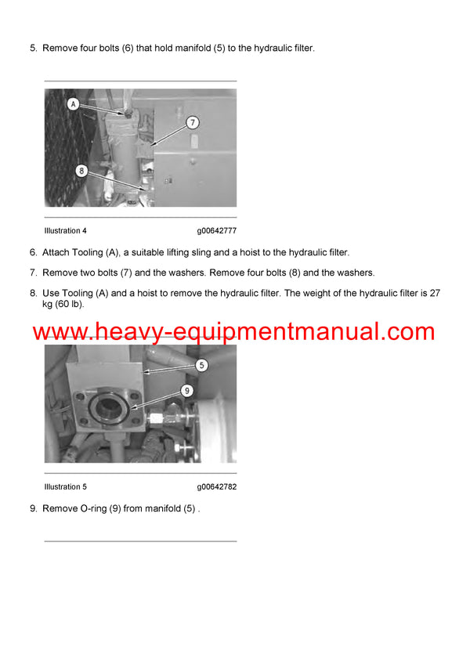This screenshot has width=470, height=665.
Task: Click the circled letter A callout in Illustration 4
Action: click(x=73, y=103)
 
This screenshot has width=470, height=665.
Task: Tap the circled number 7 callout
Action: click(x=192, y=123)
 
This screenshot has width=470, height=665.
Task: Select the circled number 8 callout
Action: click(x=81, y=170)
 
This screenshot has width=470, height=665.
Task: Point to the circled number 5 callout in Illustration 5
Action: click(x=201, y=364)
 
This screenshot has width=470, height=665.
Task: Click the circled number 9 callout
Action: click(x=187, y=390)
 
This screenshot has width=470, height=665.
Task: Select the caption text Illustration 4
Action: click(x=66, y=231)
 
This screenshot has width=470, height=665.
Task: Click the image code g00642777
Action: click(x=216, y=231)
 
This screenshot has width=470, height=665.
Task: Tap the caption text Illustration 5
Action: click(x=66, y=486)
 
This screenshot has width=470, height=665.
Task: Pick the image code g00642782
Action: click(x=216, y=486)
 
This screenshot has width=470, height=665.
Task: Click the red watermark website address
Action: click(x=233, y=331)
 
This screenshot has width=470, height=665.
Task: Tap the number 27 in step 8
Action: click(x=434, y=293)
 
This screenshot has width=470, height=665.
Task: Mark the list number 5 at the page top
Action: click(x=33, y=49)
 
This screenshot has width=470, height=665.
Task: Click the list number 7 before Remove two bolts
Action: click(x=33, y=273)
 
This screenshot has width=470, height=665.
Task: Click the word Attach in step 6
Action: click(x=56, y=252)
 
